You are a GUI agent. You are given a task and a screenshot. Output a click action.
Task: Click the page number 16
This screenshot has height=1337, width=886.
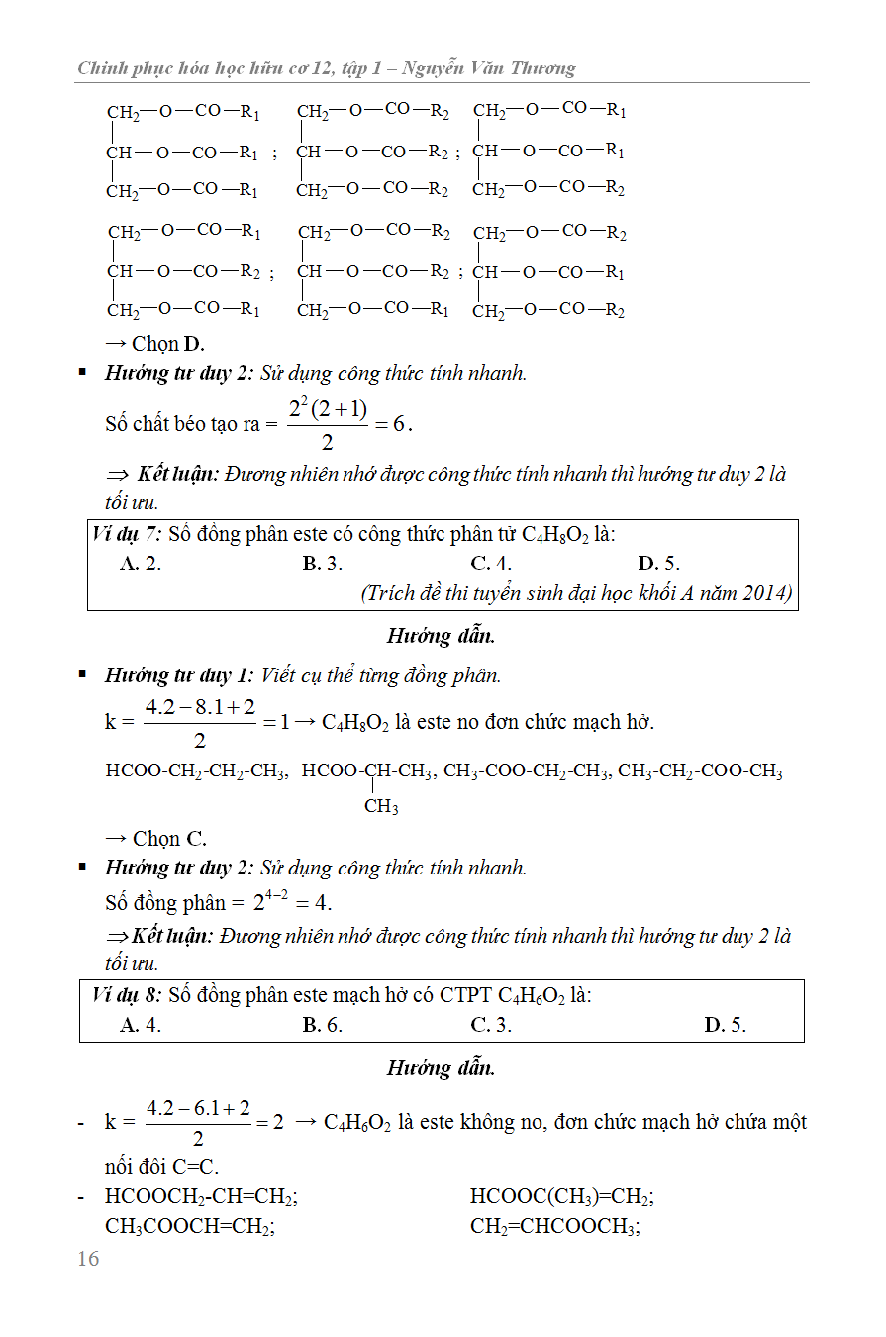88,1259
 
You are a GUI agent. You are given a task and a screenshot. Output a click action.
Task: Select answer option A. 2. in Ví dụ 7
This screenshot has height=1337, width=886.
141,565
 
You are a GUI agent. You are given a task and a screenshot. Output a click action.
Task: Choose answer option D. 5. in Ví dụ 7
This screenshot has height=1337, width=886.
659,565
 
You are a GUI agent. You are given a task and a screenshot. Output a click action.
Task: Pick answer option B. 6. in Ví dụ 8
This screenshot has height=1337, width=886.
323,1025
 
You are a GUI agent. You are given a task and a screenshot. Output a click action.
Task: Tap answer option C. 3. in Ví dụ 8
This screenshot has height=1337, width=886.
491,1025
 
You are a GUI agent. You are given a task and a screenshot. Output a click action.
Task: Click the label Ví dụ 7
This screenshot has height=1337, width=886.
126,535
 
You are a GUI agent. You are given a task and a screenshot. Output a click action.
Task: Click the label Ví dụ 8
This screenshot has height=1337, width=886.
126,995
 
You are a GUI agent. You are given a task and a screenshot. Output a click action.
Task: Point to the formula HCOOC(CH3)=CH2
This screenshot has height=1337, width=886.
561,1197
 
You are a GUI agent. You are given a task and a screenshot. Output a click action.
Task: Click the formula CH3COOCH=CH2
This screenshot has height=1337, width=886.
190,1227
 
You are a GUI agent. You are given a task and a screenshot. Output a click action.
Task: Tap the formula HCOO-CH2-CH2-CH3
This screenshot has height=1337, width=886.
197,771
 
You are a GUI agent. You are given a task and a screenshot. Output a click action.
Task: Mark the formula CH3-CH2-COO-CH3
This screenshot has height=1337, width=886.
700,771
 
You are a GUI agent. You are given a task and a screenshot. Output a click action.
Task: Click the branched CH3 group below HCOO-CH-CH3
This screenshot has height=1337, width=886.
381,807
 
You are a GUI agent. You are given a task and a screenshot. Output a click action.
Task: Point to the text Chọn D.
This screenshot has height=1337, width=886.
154,344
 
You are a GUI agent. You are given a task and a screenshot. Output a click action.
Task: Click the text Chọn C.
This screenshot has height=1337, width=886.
156,839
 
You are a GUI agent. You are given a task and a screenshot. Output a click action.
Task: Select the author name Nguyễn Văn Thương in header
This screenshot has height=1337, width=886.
493,68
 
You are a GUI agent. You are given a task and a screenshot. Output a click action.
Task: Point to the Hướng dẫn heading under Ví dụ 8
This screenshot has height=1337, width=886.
441,1068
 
